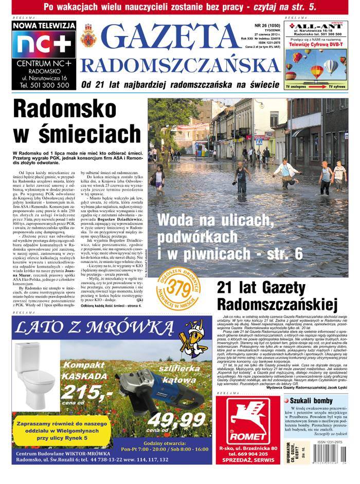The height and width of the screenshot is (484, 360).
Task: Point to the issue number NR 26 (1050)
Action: point(267,25)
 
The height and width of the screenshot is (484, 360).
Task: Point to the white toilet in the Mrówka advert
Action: point(34,365)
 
